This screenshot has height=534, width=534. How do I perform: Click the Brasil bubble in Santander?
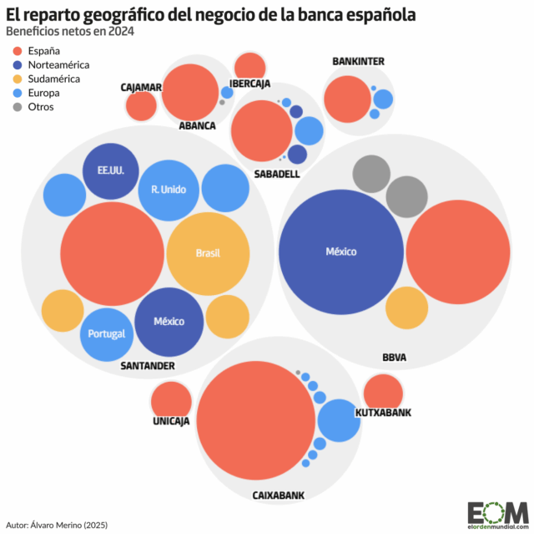[x=208, y=253]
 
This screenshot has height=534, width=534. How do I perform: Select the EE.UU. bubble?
[x=104, y=171]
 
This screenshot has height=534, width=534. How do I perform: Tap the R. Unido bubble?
[x=169, y=189]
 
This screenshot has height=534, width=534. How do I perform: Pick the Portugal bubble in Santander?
[x=107, y=333]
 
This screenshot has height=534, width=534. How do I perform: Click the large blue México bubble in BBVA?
[x=340, y=252]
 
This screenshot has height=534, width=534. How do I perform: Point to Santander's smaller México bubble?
[x=169, y=322]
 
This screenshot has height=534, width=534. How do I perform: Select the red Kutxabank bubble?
[x=384, y=393]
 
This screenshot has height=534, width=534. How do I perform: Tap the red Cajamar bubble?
[x=141, y=105]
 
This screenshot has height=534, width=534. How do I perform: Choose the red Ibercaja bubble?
[x=249, y=66]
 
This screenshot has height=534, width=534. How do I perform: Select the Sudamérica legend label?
[x=54, y=79]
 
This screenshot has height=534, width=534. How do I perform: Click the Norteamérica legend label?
[x=58, y=64]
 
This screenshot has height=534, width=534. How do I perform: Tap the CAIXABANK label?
[x=279, y=495]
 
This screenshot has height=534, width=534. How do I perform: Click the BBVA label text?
[x=394, y=357]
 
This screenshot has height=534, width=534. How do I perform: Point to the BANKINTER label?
[x=358, y=61]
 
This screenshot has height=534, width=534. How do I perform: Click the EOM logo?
[x=497, y=512]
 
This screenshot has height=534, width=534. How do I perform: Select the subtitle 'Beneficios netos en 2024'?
[x=69, y=32]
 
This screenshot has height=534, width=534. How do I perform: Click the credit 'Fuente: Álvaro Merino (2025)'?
[x=58, y=525]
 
